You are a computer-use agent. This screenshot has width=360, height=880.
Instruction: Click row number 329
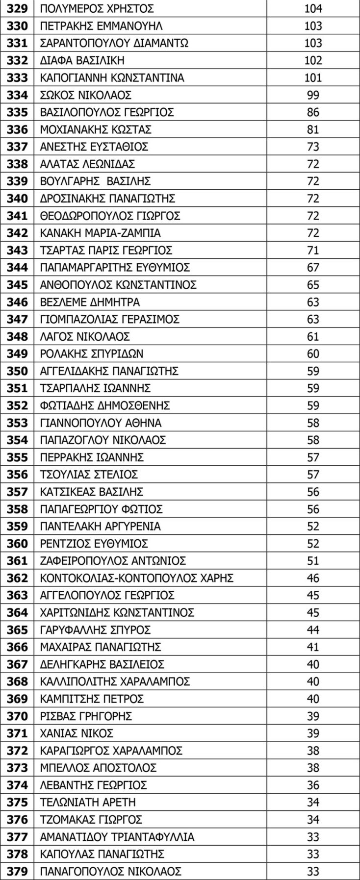(17, 8)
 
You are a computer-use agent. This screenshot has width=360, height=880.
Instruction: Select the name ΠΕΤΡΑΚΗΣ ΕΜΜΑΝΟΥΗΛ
(101, 26)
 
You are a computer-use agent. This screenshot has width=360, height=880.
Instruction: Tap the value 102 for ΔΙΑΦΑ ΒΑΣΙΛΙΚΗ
(313, 60)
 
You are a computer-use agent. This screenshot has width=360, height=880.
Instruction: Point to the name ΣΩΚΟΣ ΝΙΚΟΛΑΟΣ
(85, 95)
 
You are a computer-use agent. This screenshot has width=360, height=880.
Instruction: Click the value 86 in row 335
(313, 112)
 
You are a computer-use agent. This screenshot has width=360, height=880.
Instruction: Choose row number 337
(17, 147)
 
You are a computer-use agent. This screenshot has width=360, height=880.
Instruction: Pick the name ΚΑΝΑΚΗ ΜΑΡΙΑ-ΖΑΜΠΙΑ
(100, 233)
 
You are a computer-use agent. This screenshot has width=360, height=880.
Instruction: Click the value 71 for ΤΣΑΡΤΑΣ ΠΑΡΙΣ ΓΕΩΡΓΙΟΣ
(313, 251)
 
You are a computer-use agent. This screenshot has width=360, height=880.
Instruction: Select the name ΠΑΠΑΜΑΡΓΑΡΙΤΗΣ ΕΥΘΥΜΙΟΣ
(115, 268)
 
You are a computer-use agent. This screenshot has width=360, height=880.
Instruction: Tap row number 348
(17, 337)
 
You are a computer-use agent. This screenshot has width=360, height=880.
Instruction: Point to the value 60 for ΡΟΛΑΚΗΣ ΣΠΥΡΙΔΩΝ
(313, 354)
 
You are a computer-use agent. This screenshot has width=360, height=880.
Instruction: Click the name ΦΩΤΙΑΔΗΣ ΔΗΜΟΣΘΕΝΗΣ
(105, 405)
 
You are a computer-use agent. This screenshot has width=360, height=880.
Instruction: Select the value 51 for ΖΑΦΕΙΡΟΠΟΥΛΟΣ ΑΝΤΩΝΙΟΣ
(313, 561)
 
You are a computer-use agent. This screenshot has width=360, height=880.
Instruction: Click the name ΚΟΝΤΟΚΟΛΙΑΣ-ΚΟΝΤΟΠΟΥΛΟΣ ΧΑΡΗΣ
(136, 578)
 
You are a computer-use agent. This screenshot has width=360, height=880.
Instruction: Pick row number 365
(17, 630)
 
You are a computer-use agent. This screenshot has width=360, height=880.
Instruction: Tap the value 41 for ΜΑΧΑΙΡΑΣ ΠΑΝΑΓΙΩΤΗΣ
(313, 647)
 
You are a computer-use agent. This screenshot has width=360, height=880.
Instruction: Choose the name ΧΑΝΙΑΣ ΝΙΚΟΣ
(77, 733)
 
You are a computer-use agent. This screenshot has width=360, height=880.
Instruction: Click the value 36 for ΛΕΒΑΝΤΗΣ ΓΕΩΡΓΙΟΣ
(313, 785)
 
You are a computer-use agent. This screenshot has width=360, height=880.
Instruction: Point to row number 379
(17, 872)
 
